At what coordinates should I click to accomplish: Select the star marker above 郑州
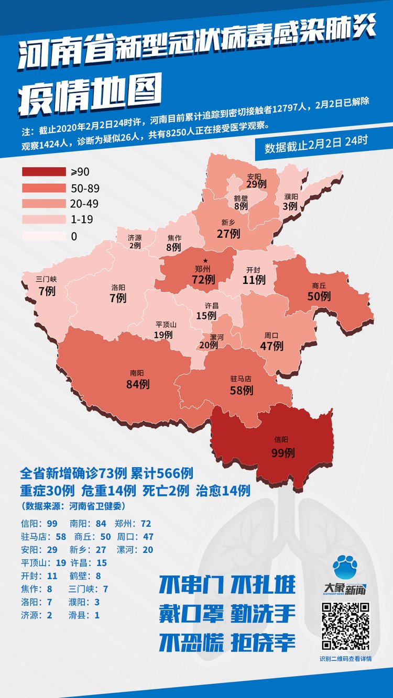click(206, 260)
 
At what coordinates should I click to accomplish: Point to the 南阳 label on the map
click(137, 373)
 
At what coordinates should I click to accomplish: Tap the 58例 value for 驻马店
click(242, 390)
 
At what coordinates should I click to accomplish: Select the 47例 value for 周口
click(271, 346)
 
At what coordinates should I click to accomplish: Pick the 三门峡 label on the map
click(47, 279)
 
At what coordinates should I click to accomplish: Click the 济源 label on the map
click(135, 237)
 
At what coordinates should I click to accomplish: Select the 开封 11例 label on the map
click(254, 275)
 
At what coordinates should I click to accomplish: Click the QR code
click(345, 626)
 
